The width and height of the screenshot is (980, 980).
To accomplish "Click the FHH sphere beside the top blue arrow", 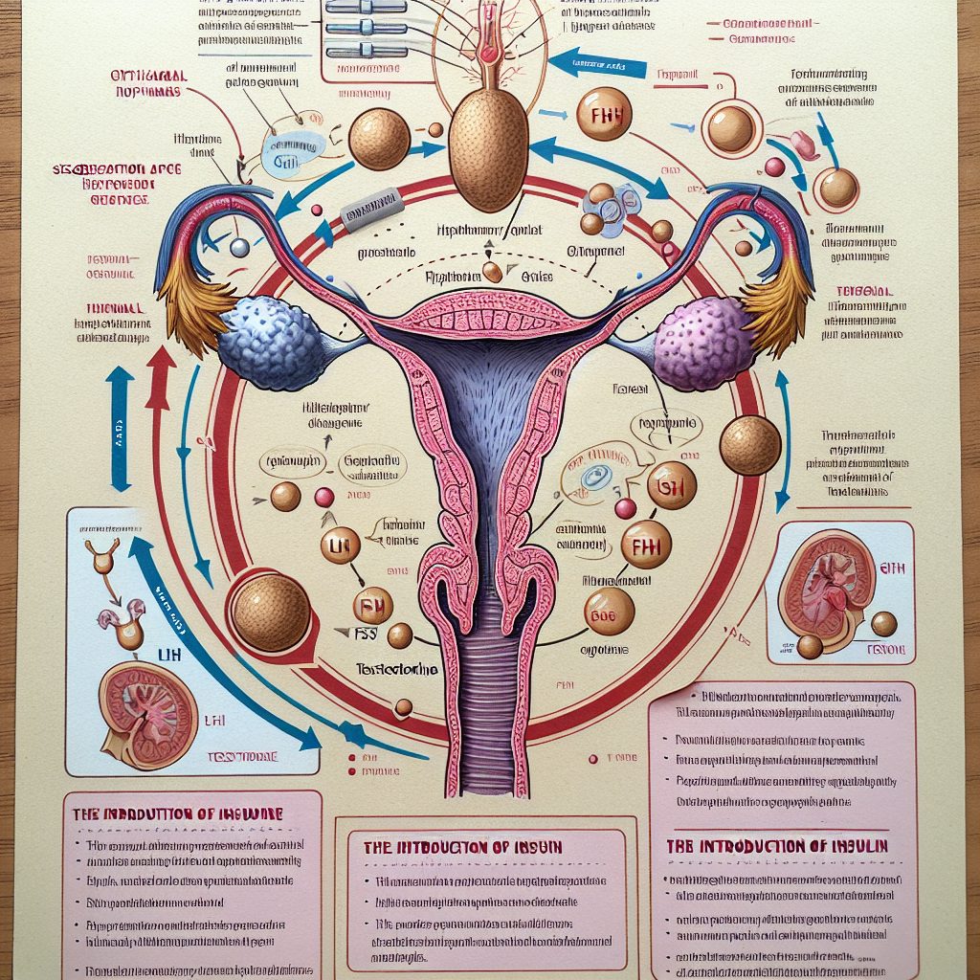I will pyautogui.click(x=605, y=115).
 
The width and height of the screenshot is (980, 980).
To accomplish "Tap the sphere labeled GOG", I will pyautogui.click(x=609, y=612).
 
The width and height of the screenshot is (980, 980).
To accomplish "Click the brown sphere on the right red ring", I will pyautogui.click(x=750, y=446).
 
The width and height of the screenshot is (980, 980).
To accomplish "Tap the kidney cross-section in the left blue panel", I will pyautogui.click(x=148, y=715).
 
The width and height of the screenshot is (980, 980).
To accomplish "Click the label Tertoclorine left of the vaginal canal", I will pyautogui.click(x=396, y=670).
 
